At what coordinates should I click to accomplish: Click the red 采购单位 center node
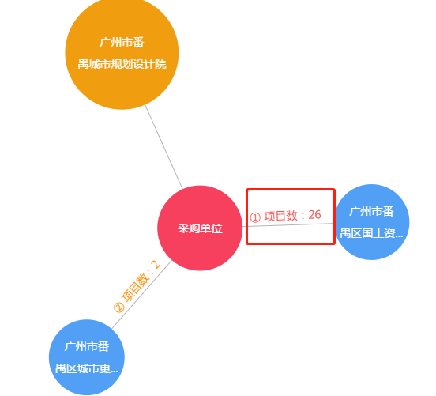point(200,228)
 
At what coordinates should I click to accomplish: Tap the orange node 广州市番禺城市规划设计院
point(122,53)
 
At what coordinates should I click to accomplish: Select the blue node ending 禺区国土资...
point(372,222)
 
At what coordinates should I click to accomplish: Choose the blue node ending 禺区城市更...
point(87,357)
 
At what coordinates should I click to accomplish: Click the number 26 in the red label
point(315,215)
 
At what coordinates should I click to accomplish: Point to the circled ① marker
point(255,217)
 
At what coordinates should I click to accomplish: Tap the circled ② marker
point(119,307)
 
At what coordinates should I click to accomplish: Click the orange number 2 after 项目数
point(156,264)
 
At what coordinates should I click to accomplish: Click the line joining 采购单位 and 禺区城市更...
point(142,294)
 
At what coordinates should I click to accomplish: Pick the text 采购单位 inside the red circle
point(200,228)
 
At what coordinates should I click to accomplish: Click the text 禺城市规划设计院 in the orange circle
point(122,64)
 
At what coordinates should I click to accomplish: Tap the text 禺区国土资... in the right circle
point(371,233)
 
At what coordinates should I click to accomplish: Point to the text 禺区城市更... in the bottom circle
point(87,368)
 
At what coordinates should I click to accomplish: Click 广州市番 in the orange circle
point(122,43)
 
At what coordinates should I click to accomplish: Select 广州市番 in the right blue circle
point(372,211)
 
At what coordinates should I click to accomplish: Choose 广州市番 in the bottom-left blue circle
point(86,346)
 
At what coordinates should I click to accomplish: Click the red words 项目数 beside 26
point(280,216)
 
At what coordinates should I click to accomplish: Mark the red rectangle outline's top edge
point(291,190)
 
